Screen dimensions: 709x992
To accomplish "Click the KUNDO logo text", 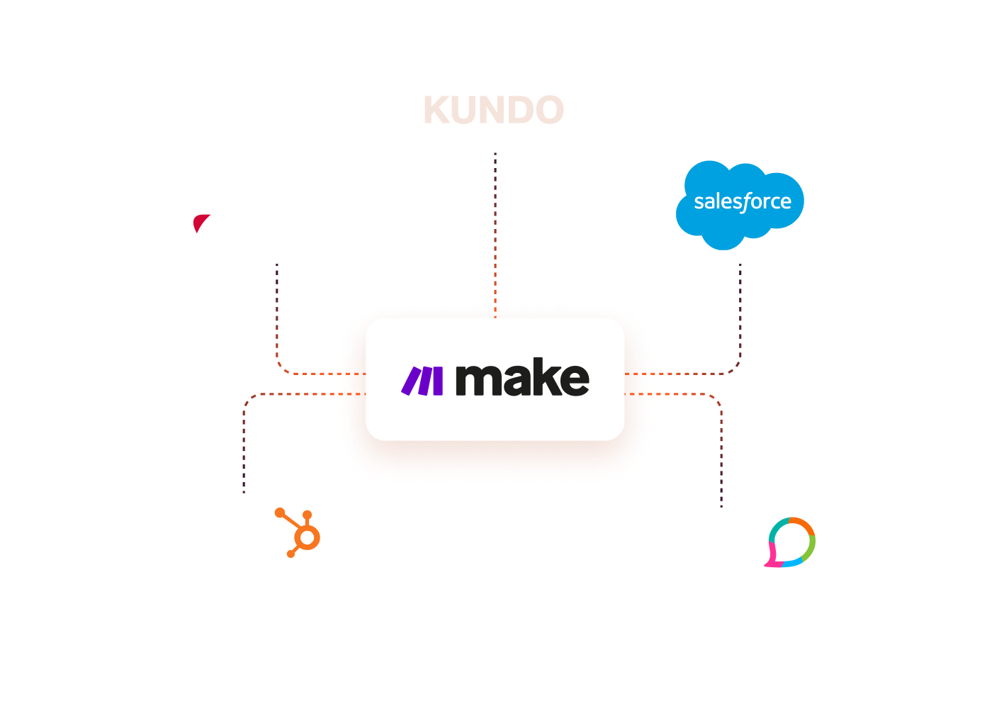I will pos(494,111).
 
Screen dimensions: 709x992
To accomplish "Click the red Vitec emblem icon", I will pos(202,228).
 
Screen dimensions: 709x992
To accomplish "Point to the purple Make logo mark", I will pos(423,381).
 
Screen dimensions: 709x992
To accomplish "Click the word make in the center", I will pos(522,379).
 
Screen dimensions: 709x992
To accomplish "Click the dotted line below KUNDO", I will pos(495,227).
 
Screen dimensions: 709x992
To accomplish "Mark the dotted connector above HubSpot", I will pos(244,447).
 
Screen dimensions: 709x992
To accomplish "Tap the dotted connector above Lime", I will pos(721,454).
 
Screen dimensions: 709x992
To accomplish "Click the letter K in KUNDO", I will pos(439,111).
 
